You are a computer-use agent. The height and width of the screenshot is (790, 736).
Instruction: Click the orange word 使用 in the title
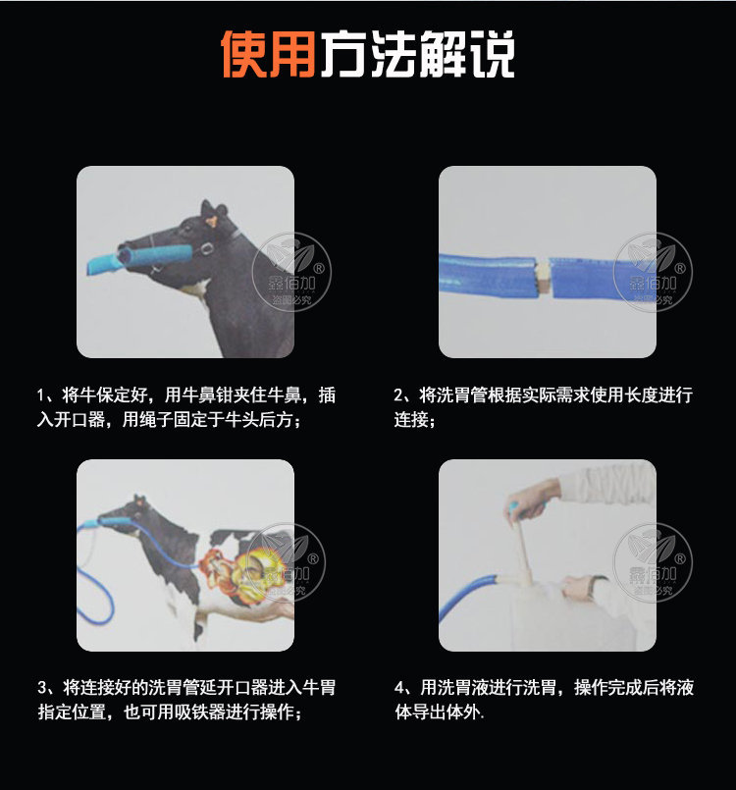pyautogui.click(x=267, y=56)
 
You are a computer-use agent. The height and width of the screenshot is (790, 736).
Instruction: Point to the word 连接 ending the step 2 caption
pyautogui.click(x=410, y=421)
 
